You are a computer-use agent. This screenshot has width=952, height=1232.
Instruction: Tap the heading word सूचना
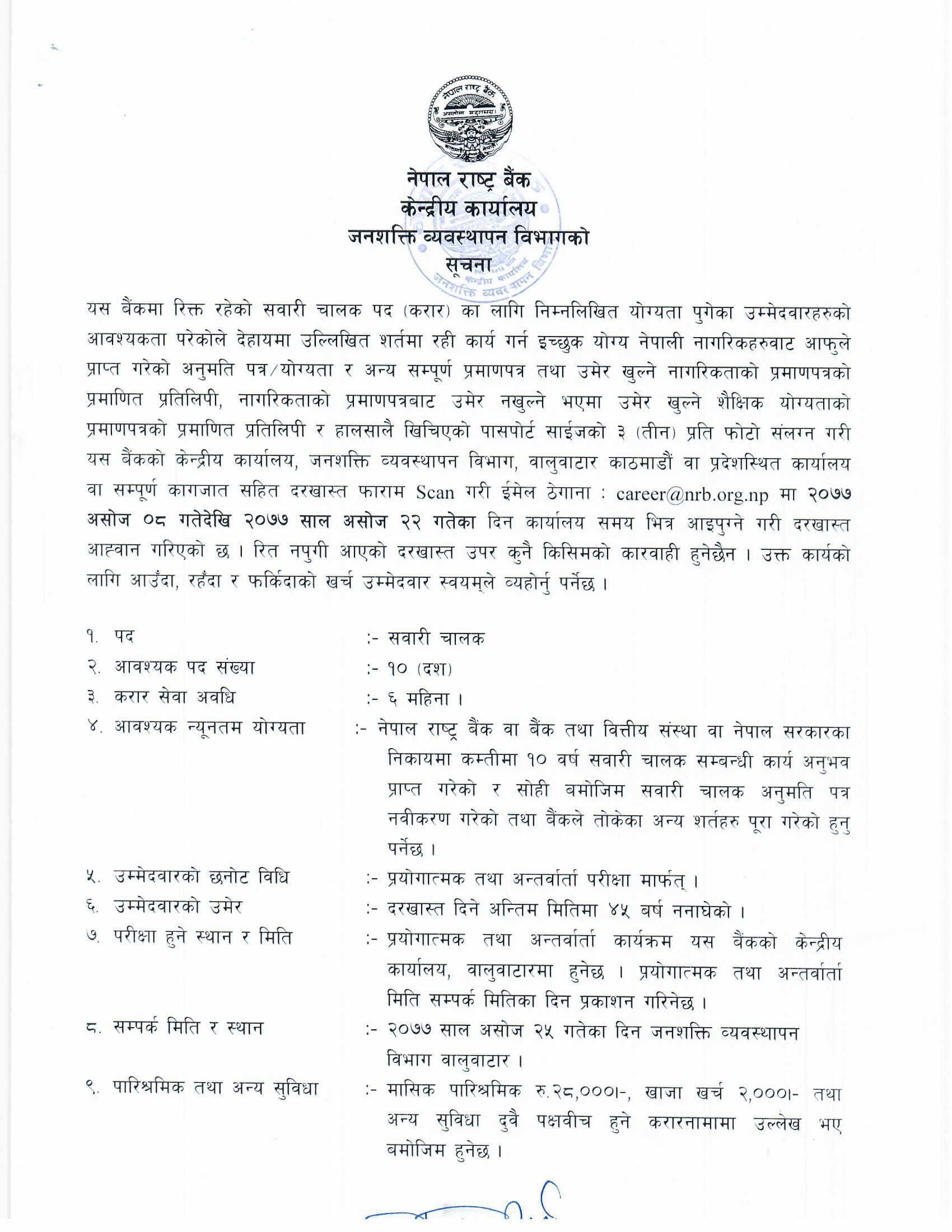click(468, 264)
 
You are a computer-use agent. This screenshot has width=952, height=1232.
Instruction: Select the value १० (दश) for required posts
click(419, 669)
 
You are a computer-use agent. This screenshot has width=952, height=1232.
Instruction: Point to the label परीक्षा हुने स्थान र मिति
click(204, 939)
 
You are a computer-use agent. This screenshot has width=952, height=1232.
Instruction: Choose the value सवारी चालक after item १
click(436, 638)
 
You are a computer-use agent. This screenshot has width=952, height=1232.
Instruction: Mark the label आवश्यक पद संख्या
click(185, 669)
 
